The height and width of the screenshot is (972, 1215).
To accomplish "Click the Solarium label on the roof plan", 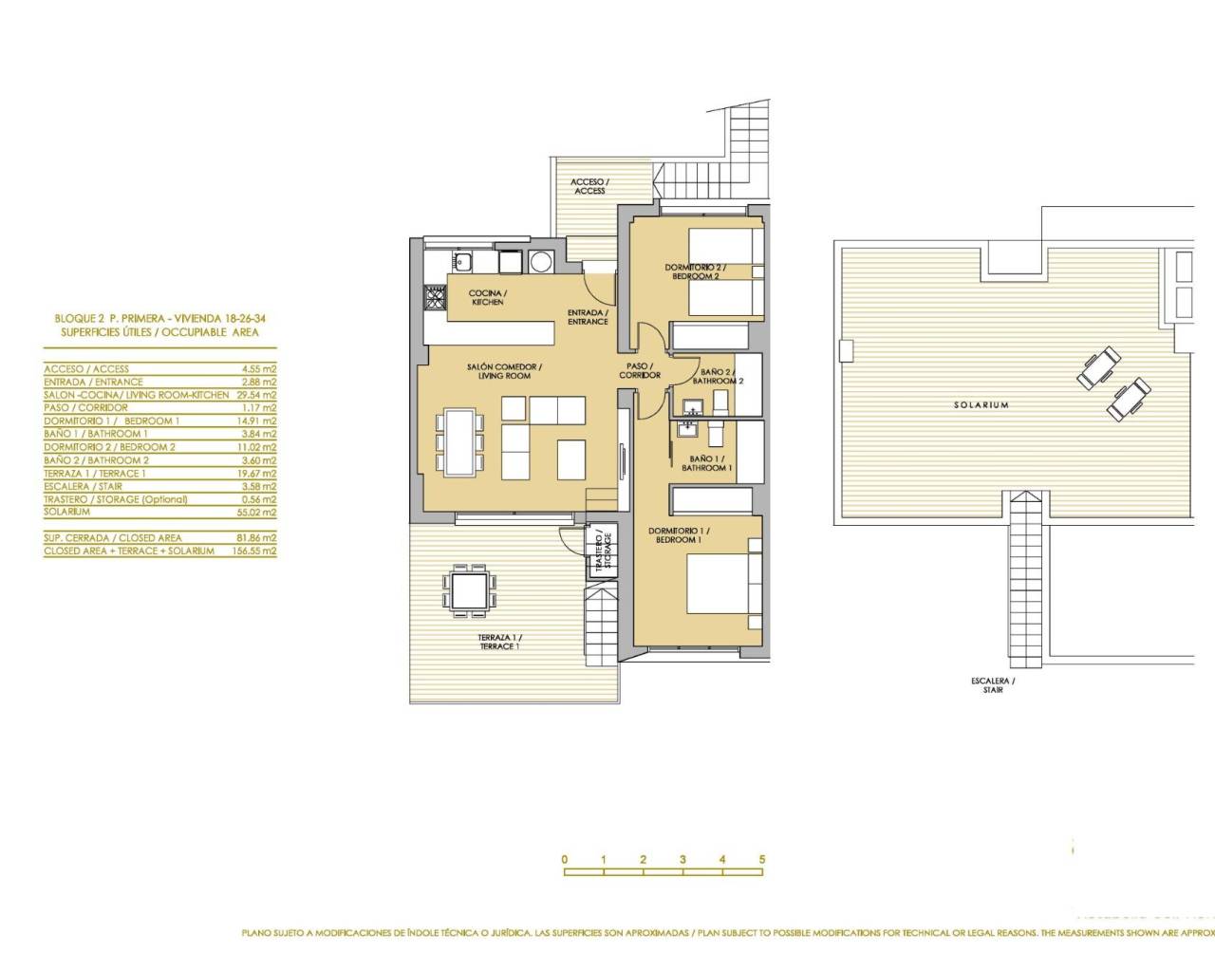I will point(981,405).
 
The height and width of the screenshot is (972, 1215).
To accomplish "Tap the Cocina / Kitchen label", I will point(487,298).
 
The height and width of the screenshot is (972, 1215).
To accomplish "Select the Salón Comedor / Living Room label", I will point(504,371).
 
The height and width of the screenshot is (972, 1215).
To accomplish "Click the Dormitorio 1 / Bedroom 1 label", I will point(679,535).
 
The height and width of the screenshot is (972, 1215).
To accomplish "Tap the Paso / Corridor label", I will point(640,370).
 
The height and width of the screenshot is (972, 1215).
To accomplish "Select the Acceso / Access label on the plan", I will point(589,186).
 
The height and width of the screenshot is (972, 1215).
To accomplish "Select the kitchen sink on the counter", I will point(465,262).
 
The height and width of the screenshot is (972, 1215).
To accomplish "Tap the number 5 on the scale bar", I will point(762,860).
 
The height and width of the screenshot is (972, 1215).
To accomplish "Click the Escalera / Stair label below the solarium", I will point(993,685).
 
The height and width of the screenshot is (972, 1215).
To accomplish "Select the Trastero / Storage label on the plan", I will point(603,551).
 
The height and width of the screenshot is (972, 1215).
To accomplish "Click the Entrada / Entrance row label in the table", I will point(93,382).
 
